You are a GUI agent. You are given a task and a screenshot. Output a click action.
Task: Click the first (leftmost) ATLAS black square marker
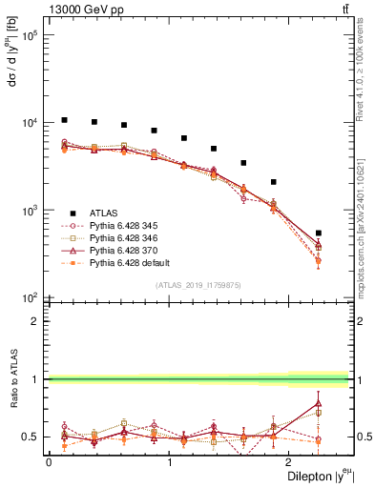coord(64,120)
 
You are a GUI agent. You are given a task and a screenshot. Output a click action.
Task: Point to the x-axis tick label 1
coord(169,463)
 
